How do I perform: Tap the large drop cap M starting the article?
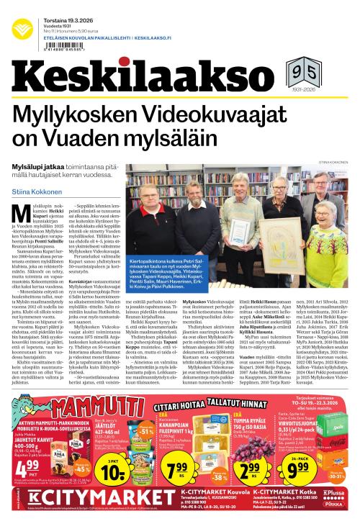pos(21,215)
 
